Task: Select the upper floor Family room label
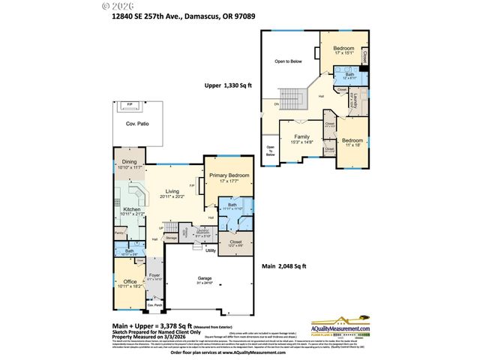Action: (301, 137)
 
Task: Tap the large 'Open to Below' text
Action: (287, 61)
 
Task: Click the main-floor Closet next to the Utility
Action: (235, 243)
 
